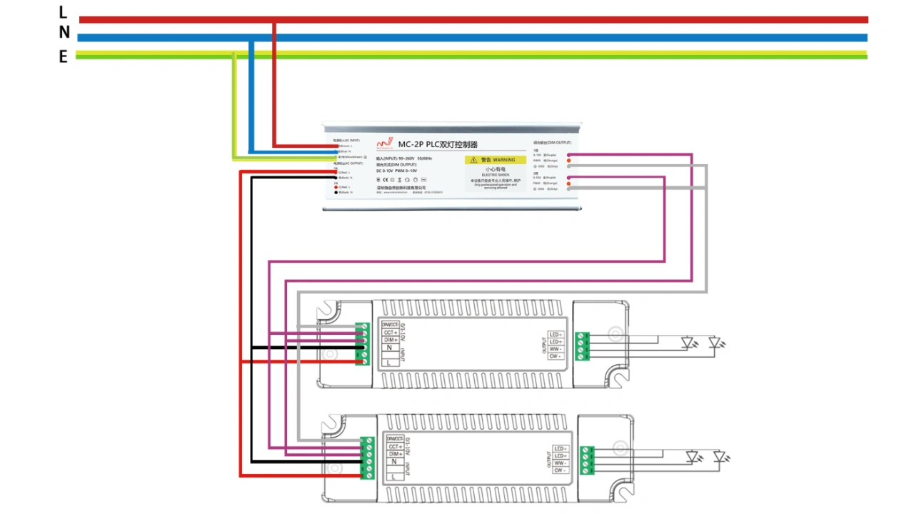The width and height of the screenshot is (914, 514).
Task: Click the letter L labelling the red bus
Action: pos(63,12)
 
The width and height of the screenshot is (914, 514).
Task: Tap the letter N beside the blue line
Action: pos(64,33)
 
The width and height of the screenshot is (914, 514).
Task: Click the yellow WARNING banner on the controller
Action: pos(495,160)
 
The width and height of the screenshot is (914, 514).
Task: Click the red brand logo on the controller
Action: pos(385,143)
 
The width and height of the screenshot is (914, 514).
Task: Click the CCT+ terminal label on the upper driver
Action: pos(390,332)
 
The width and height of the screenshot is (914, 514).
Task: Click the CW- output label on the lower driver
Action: pos(560,470)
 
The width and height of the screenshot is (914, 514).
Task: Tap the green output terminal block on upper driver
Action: pos(583,346)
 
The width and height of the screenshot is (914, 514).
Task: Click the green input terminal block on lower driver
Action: pos(367,457)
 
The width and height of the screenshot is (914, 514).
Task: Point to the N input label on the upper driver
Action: pos(389,348)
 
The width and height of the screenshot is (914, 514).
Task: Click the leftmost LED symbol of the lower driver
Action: pos(692,456)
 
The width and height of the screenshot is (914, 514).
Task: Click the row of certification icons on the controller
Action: pos(401,180)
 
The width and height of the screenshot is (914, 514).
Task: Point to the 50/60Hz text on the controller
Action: pos(424,158)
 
